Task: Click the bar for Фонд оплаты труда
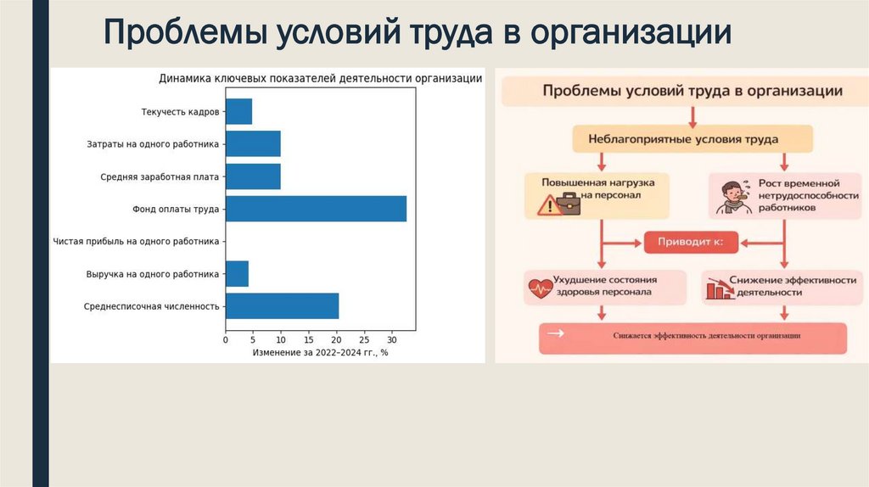[316, 209]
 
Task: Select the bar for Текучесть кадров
[238, 111]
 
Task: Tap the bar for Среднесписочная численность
[282, 305]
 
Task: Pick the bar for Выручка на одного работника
[237, 274]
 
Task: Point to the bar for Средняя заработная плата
[253, 176]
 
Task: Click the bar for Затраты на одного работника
[253, 144]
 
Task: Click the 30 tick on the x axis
[391, 339]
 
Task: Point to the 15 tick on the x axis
[308, 339]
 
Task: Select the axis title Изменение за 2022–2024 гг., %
[320, 352]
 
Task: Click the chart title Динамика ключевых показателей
[321, 79]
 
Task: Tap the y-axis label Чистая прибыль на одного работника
[136, 242]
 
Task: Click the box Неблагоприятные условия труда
[692, 137]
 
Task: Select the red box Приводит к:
[689, 243]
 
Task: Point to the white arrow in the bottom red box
[557, 334]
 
